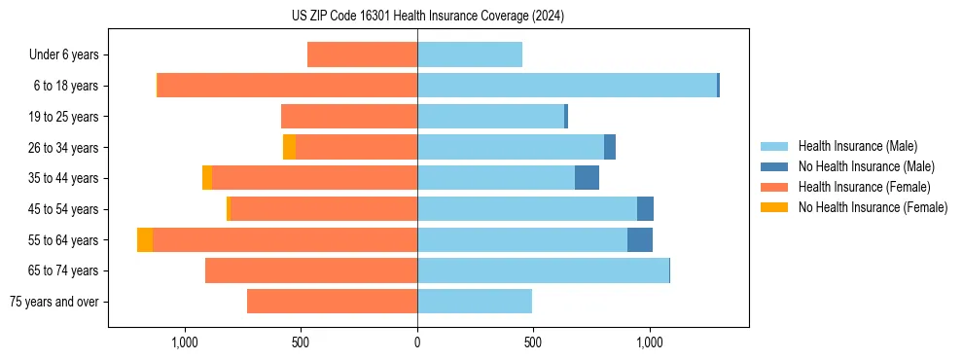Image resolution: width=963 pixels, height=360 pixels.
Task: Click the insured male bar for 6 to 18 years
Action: [567, 86]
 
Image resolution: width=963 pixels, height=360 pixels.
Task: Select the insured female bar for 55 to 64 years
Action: [284, 239]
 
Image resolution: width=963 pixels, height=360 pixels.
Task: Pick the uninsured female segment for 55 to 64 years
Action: [145, 239]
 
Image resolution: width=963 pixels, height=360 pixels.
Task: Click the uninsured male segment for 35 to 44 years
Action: [587, 178]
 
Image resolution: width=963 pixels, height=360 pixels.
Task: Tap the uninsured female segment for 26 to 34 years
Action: [289, 147]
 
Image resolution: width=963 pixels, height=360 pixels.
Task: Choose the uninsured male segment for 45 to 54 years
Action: [645, 209]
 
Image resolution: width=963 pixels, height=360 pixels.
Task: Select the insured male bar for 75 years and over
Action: [475, 302]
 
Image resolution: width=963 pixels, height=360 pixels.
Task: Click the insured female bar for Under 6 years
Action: [362, 55]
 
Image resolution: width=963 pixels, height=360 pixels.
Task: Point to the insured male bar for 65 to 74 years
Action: [543, 270]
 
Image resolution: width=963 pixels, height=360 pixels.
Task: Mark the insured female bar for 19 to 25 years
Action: [349, 117]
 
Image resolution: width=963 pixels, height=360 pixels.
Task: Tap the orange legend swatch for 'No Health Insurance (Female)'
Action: [775, 207]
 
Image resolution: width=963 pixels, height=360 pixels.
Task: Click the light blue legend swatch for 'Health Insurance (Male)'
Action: [775, 146]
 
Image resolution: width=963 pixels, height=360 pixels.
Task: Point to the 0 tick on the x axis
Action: [417, 342]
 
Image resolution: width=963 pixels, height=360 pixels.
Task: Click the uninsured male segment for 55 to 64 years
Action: [640, 239]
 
